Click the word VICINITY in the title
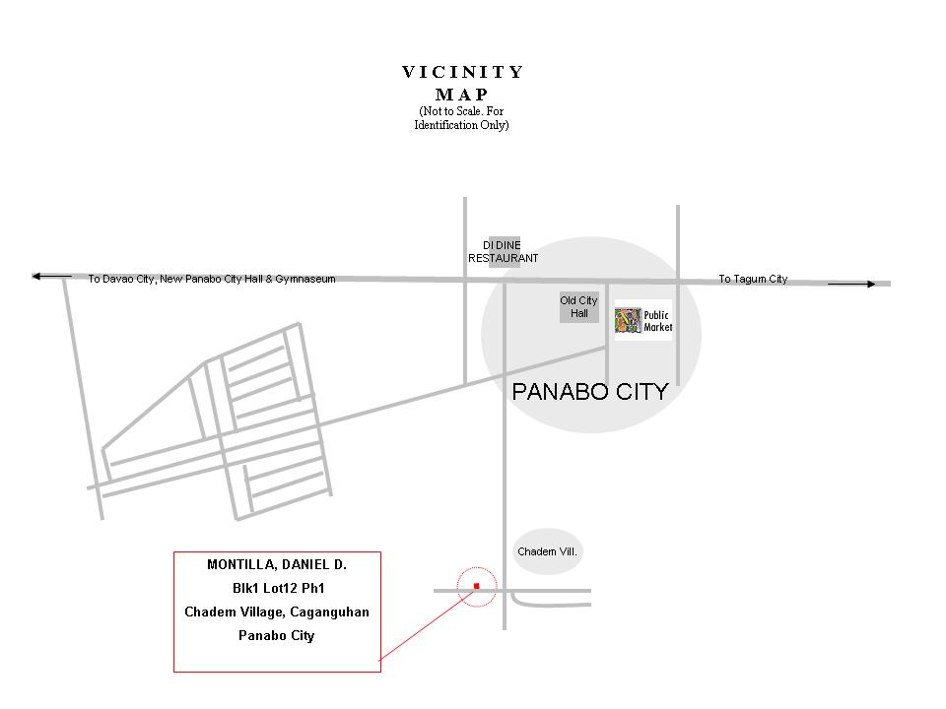click(463, 72)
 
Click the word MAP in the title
click(462, 95)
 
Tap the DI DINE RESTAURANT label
click(504, 251)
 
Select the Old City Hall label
click(578, 307)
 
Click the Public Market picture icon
click(628, 321)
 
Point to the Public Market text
click(657, 321)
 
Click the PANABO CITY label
click(590, 392)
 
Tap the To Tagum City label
click(753, 279)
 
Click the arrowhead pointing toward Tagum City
click(870, 284)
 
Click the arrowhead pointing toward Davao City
click(36, 277)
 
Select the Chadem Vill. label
click(547, 551)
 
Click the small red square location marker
click(477, 586)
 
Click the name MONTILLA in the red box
click(241, 565)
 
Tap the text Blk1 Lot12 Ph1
click(278, 589)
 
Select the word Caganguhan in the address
click(329, 612)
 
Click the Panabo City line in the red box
click(276, 636)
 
